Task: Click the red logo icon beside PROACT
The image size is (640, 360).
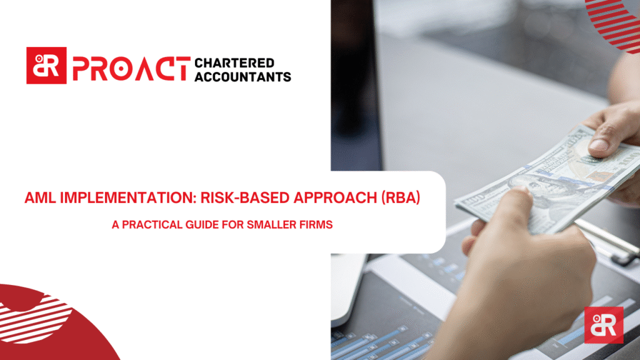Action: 46,66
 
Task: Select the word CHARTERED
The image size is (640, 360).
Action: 234,63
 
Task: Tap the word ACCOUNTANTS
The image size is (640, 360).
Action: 243,77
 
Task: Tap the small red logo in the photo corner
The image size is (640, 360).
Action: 604,325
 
